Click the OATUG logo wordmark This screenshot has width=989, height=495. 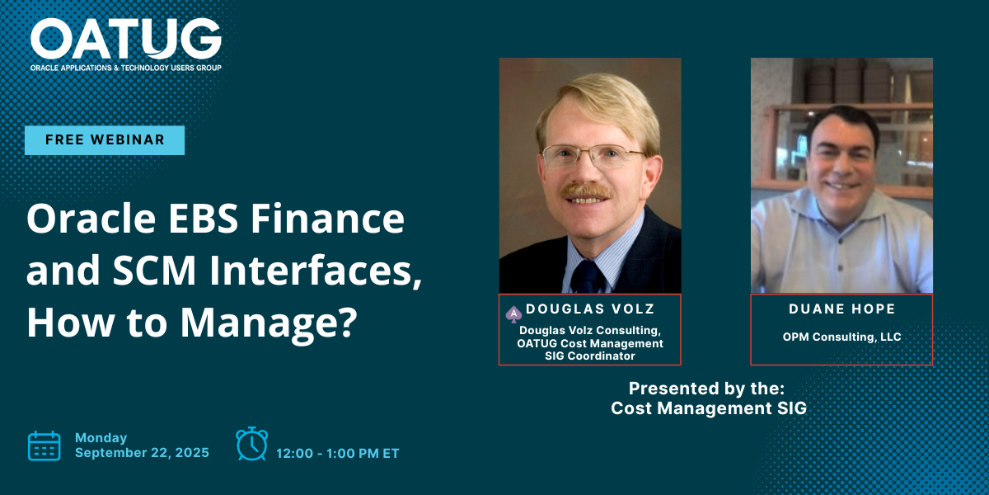pos(125,38)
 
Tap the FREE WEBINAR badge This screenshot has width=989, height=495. pos(105,140)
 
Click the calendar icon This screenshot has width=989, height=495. pos(45,445)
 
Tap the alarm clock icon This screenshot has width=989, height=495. pos(251,444)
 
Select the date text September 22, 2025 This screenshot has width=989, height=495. pos(142,452)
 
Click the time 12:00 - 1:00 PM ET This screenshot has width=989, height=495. pos(338,453)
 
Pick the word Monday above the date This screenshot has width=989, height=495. pos(101,437)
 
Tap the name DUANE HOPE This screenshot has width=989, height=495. pos(841,309)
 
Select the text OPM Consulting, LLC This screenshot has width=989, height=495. pos(841,337)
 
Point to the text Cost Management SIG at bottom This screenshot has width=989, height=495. pos(708,408)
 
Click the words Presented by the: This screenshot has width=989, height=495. pos(706,388)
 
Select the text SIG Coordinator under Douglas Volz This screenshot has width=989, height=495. pos(590,356)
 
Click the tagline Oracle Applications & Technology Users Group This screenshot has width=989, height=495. pos(125,67)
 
